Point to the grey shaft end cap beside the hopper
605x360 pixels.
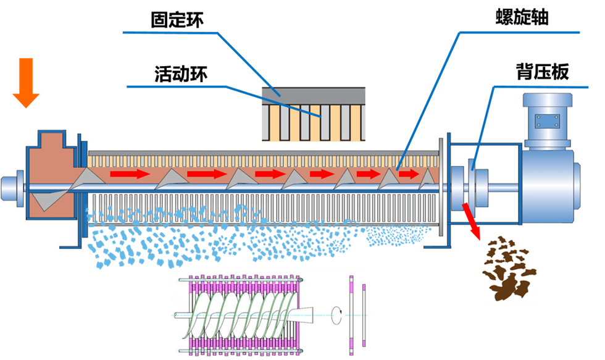coord(10,186)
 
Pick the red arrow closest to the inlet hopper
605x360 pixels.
coord(130,175)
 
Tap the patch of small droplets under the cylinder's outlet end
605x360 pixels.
coord(395,235)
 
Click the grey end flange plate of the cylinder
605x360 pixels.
coord(441,185)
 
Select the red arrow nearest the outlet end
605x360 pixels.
coord(409,175)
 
